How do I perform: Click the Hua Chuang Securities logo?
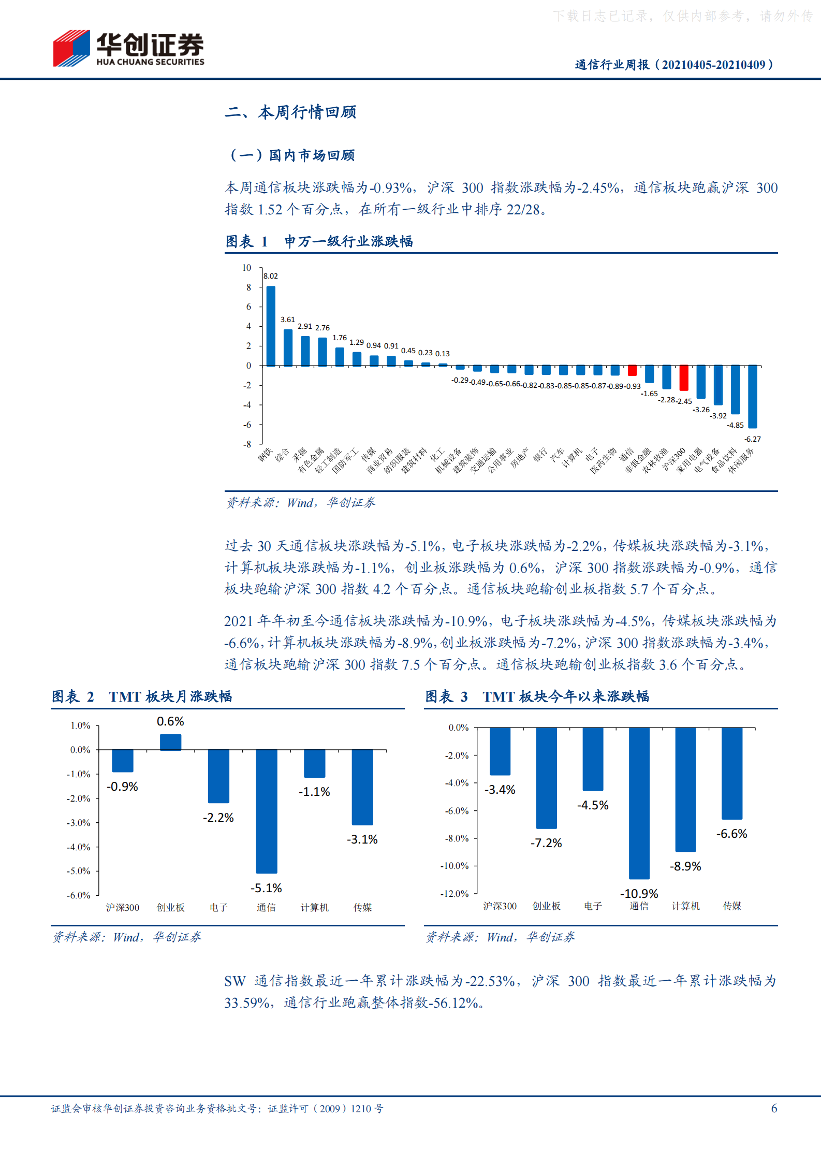[x=128, y=48]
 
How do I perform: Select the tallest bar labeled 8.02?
[x=271, y=326]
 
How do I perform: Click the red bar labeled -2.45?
[x=684, y=377]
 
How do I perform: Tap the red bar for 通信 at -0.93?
[x=632, y=370]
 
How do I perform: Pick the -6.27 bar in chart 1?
[x=753, y=396]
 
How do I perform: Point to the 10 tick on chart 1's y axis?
[x=246, y=268]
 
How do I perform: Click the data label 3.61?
[x=288, y=319]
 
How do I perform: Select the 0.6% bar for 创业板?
[x=170, y=742]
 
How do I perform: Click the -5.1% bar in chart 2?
[x=267, y=810]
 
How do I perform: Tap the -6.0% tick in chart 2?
[x=79, y=895]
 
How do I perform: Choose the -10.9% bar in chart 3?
[x=639, y=803]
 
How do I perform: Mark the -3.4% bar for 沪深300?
[x=500, y=751]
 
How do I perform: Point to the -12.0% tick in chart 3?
[x=455, y=894]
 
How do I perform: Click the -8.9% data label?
[x=685, y=866]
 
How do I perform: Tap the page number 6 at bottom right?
[x=774, y=1108]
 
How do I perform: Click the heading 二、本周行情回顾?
[x=290, y=112]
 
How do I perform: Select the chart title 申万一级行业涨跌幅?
[x=348, y=241]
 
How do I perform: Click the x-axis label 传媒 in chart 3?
[x=732, y=906]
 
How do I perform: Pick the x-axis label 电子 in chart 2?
[x=218, y=907]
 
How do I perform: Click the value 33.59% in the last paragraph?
[x=247, y=1003]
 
